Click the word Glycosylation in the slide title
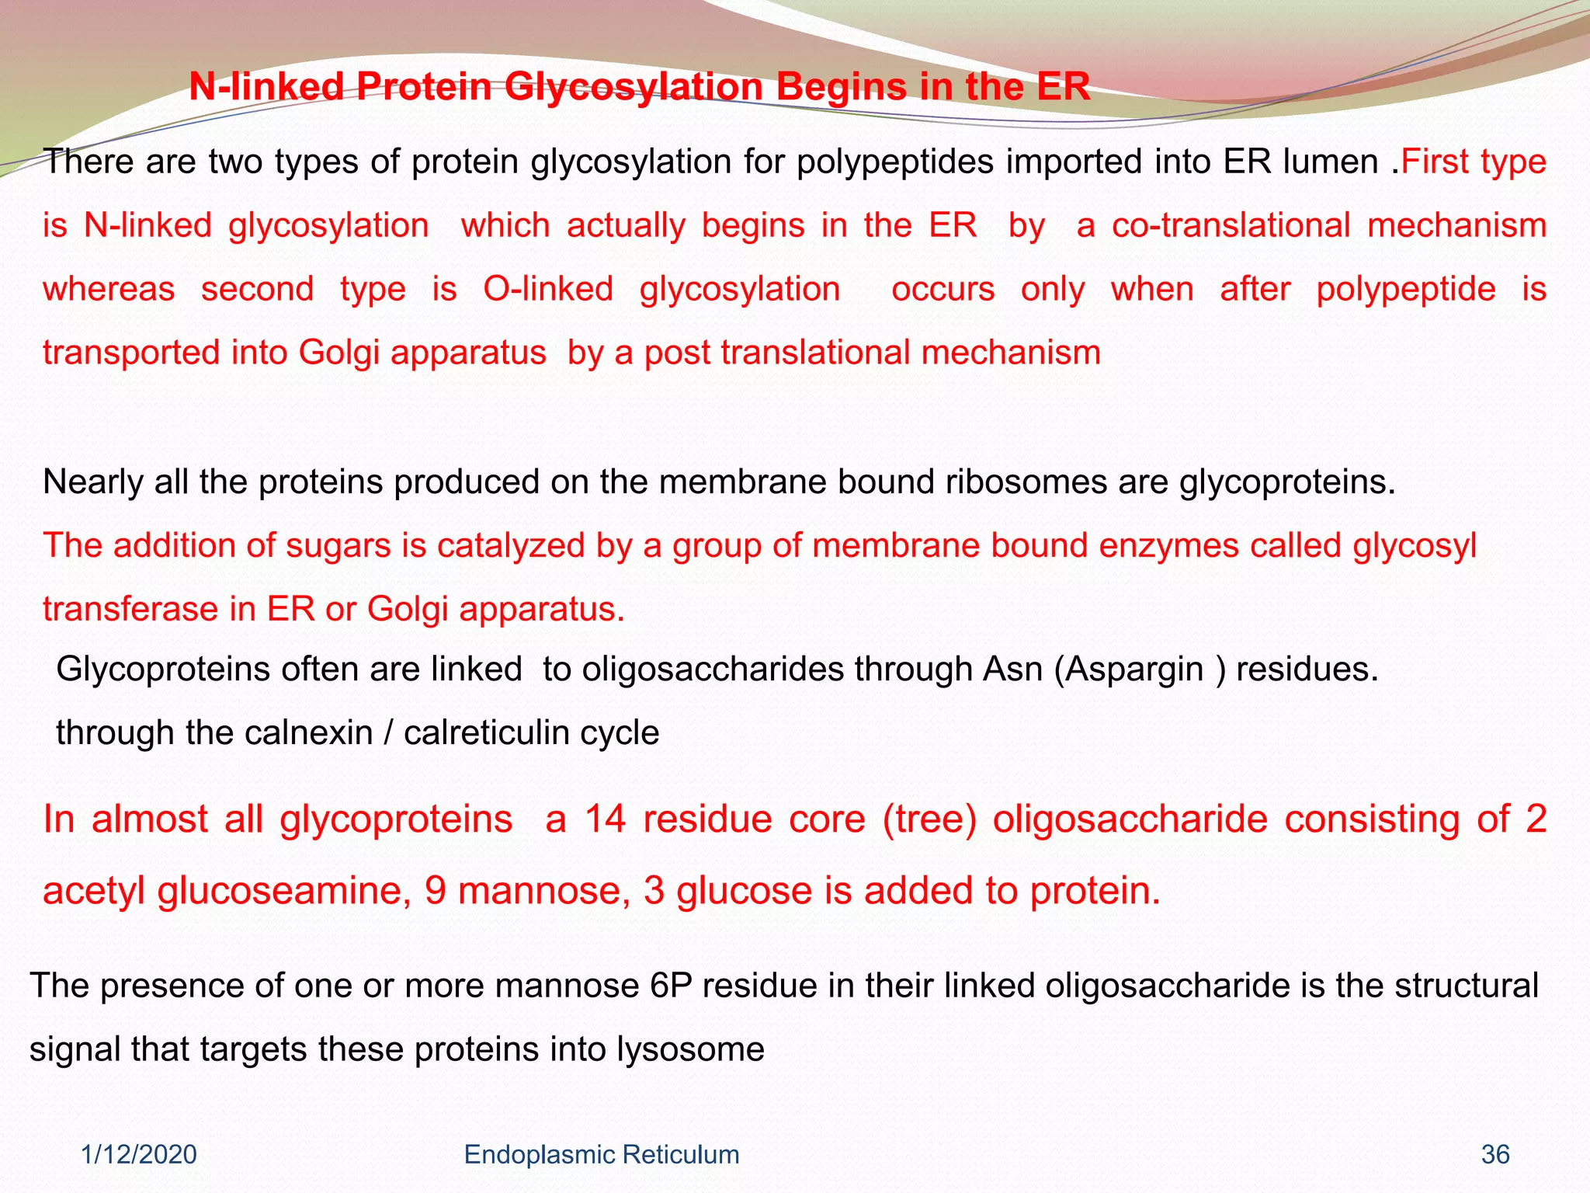[x=633, y=87]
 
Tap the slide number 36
[x=1495, y=1155]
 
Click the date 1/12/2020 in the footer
[x=139, y=1155]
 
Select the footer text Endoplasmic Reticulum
[x=601, y=1155]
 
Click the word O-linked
[x=548, y=289]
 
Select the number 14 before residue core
[x=605, y=819]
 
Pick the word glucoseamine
[x=284, y=891]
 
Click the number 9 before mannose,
[x=435, y=891]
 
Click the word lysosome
[x=690, y=1049]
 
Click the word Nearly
[x=93, y=482]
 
